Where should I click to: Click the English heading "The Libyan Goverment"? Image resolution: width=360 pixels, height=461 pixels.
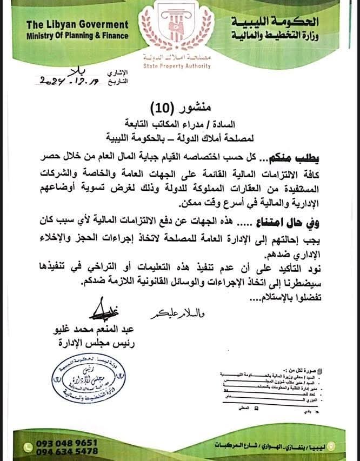[x=77, y=25]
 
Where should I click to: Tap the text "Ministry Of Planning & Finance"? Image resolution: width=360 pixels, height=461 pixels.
[x=77, y=36]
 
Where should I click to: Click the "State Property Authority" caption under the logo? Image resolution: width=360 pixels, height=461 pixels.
[x=177, y=66]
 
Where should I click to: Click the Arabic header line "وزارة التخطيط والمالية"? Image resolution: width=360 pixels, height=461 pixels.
[x=275, y=35]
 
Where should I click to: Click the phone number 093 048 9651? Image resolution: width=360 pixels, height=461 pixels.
[x=67, y=442]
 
